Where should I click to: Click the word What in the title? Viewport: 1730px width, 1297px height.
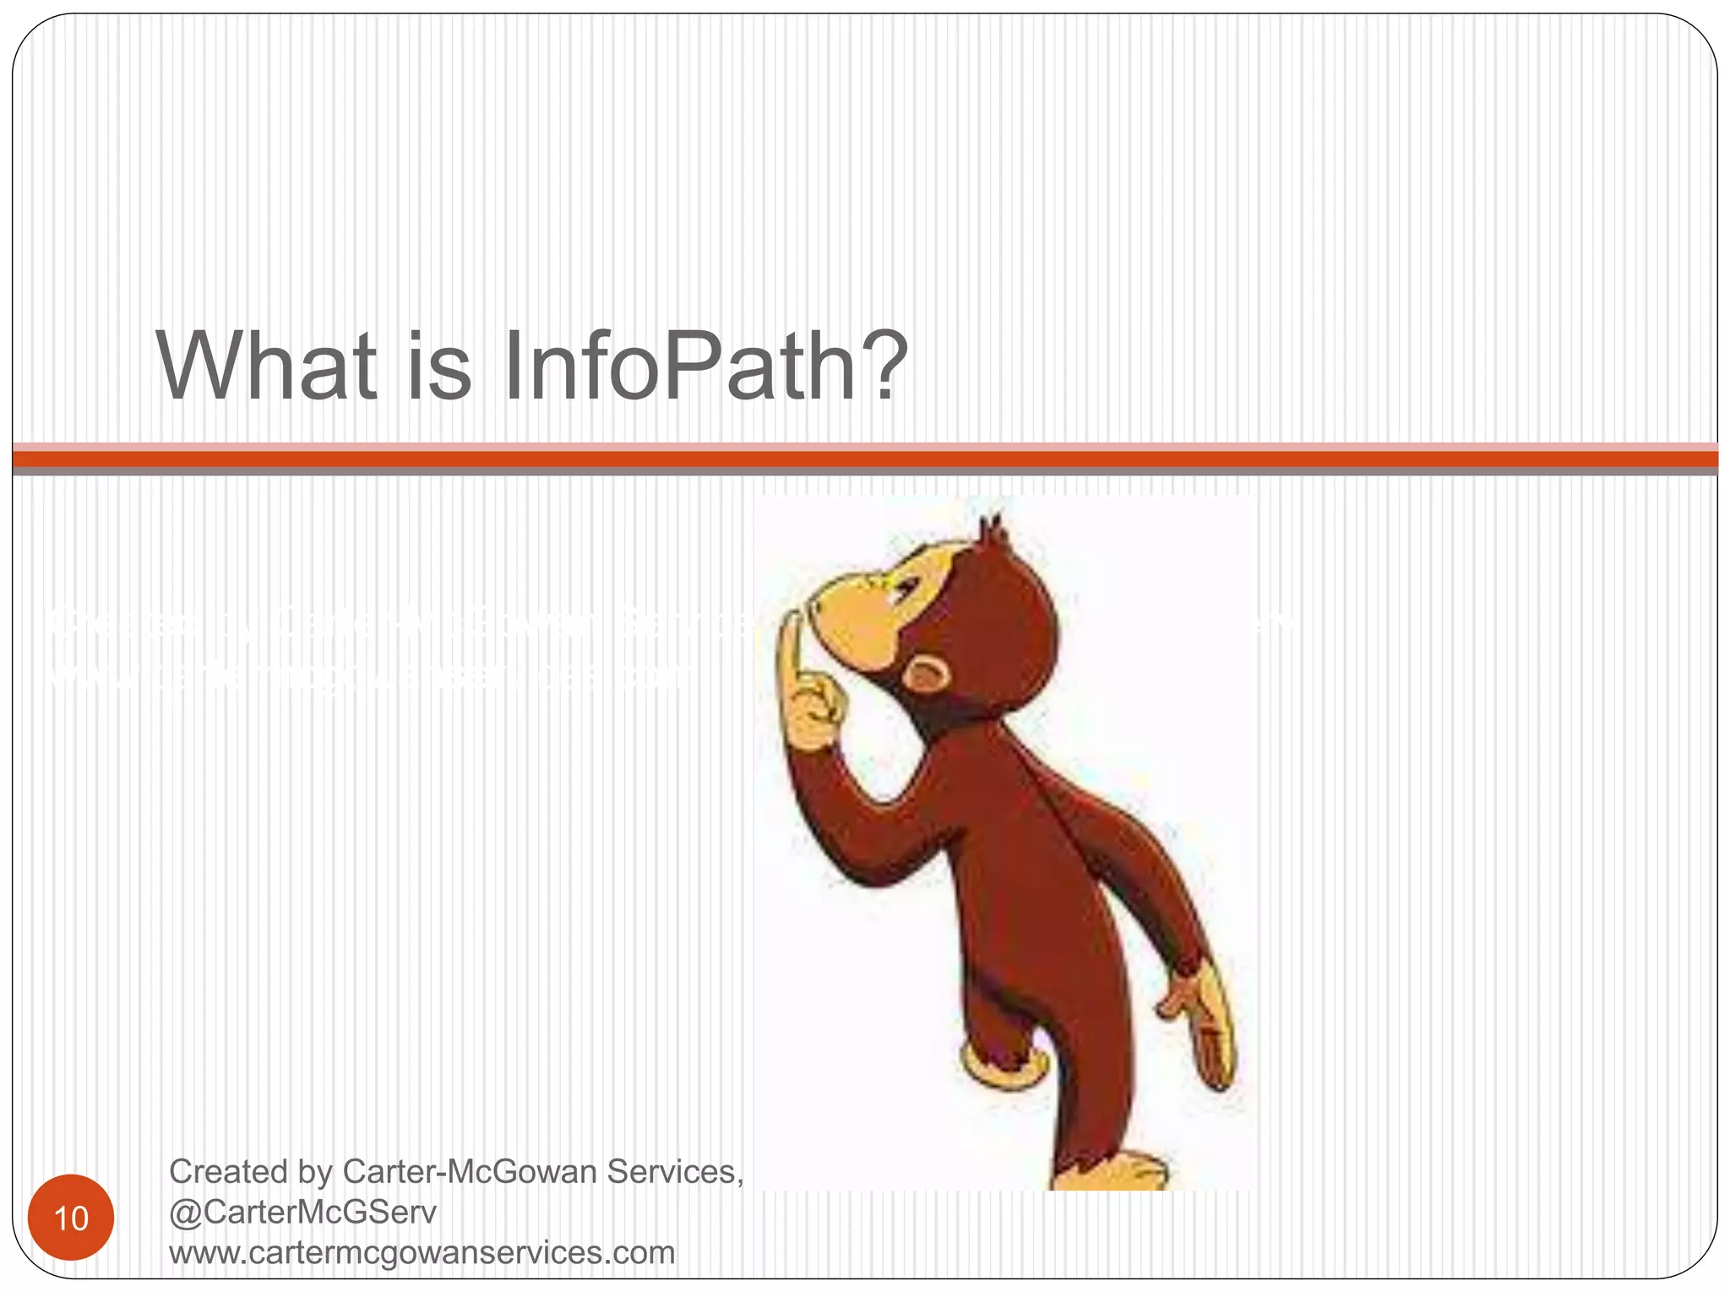266,367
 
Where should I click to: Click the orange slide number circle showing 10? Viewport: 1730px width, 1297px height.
71,1218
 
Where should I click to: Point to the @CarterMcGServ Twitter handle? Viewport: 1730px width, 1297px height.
302,1213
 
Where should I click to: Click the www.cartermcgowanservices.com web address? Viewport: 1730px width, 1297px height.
422,1252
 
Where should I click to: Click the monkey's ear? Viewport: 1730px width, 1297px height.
927,675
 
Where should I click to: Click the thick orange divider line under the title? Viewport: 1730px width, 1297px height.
865,459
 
